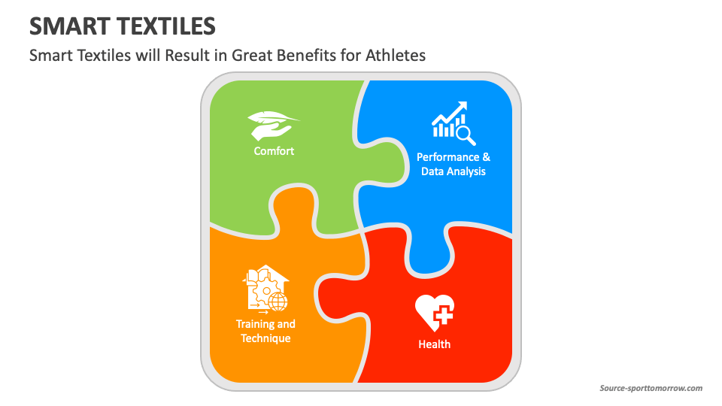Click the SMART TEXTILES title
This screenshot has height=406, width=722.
click(123, 26)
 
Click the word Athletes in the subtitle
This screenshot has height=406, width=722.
click(396, 55)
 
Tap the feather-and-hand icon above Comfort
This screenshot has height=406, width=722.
click(273, 126)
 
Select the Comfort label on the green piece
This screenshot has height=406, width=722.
click(274, 151)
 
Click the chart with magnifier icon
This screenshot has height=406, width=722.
click(454, 123)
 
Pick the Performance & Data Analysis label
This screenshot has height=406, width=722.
click(454, 165)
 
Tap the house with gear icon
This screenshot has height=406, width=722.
click(265, 288)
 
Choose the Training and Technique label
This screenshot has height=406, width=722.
click(265, 331)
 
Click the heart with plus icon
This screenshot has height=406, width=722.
click(435, 313)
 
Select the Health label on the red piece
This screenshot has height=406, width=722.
click(434, 344)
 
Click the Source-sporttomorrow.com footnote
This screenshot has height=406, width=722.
click(651, 388)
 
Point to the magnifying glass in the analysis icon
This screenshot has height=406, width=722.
click(466, 136)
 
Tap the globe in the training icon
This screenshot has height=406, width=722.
click(278, 302)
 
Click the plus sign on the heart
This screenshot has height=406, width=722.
click(443, 315)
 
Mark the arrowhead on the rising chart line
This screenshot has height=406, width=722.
click(463, 106)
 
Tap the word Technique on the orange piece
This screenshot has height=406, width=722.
click(265, 338)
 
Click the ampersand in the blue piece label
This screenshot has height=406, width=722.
click(487, 157)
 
